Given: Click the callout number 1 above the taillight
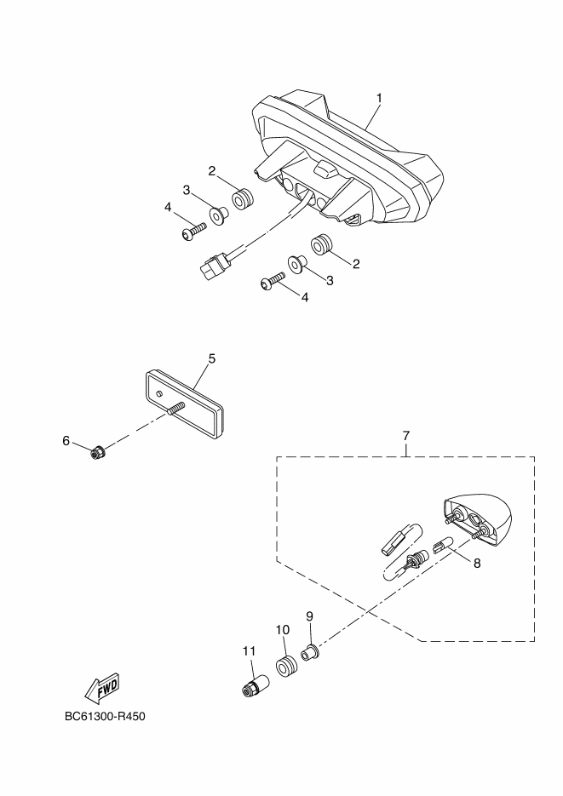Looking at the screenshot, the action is point(379,98).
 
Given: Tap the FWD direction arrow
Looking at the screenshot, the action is point(102,689).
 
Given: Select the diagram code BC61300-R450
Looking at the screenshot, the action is point(105,717).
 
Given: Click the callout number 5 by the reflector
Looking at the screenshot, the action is point(212,358).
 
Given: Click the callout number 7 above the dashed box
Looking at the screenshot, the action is point(405,436).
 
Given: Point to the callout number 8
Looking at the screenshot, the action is point(477,563).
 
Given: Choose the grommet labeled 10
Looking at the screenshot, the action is point(287,666).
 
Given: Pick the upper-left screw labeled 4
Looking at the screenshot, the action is point(194,231).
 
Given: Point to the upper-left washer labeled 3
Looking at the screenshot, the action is point(219,216).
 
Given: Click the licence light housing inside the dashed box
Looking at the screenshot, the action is point(478,518).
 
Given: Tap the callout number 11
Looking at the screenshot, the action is point(249,650).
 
